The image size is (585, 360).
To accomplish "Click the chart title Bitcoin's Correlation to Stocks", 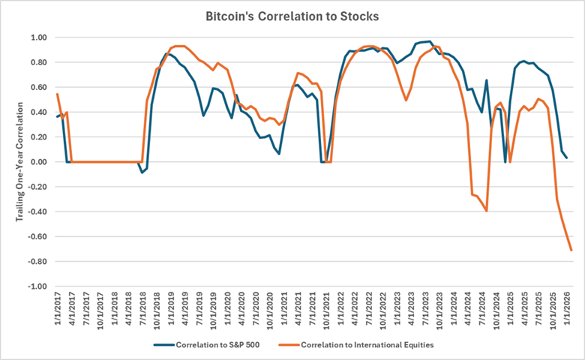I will (x=292, y=15).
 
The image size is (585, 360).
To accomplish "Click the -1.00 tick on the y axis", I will (x=37, y=286).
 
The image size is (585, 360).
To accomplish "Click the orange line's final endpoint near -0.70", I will (x=571, y=250).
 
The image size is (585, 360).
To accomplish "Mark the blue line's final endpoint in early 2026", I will (x=566, y=157).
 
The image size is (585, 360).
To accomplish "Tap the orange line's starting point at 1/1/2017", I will (x=57, y=94).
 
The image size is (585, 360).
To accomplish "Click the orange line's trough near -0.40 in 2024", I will (x=487, y=211).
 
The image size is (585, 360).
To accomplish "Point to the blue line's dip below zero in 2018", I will (x=142, y=172).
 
